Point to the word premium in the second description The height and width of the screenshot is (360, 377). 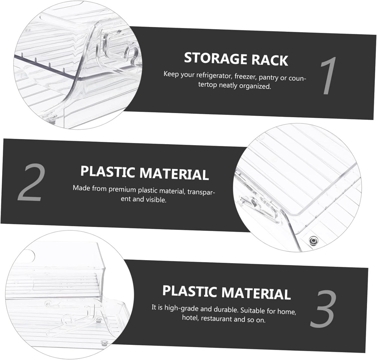(x=122, y=189)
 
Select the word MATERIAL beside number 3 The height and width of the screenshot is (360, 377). (x=256, y=293)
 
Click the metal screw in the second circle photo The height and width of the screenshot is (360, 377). (x=313, y=240)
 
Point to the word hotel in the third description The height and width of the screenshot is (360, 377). (x=190, y=318)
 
